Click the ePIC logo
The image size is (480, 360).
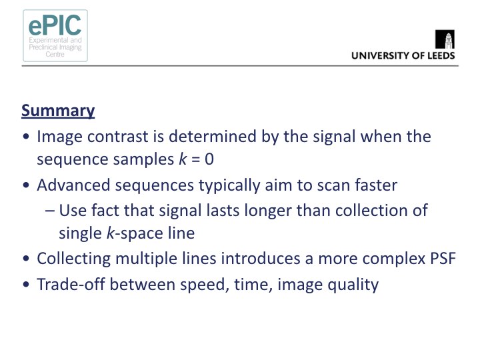coord(55,35)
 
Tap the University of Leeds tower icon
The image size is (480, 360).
coord(445,39)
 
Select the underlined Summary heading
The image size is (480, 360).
coord(58,111)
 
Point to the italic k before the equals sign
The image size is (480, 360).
coord(183,159)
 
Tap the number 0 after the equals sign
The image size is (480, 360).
coord(209,159)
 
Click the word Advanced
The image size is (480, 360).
coord(73,185)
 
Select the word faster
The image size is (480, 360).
coord(376,185)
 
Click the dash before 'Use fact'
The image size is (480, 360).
coord(50,211)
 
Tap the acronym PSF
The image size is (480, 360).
coord(443,259)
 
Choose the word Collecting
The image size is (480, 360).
coord(74,259)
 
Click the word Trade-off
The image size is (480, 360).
coord(71,285)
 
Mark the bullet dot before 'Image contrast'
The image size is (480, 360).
coord(26,137)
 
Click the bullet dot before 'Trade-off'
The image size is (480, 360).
coord(26,285)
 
